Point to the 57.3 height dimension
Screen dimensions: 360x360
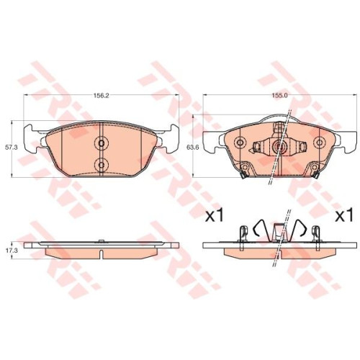(12, 148)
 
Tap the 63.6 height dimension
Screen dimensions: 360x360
(192, 148)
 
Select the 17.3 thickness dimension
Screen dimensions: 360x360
(12, 250)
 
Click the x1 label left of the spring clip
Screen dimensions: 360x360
(215, 215)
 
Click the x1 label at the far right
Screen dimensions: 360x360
(344, 215)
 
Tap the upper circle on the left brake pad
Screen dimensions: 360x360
(102, 143)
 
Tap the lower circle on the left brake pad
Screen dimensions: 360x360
(102, 165)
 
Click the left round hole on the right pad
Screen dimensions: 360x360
(240, 143)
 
